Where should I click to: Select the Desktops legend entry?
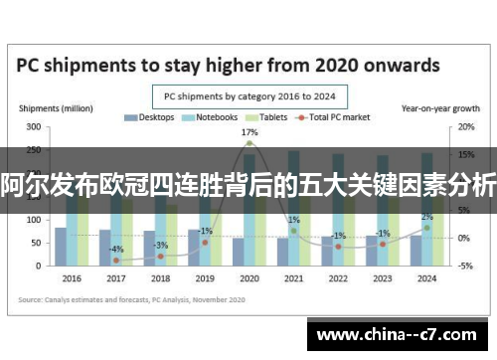(x=150, y=117)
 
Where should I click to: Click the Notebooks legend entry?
(x=210, y=117)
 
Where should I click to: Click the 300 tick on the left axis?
(x=33, y=128)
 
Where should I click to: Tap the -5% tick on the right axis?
(x=464, y=266)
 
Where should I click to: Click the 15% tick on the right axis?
(x=464, y=155)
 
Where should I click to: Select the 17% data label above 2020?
(x=249, y=132)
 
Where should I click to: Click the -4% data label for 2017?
(x=117, y=249)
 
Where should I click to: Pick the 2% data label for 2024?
(x=426, y=217)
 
